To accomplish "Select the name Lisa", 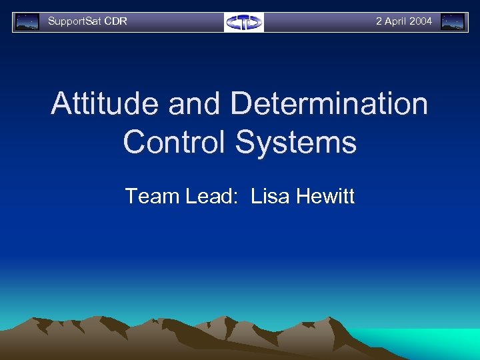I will coord(270,196).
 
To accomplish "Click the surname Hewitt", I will coord(325,196).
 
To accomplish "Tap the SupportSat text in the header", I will coord(74,21).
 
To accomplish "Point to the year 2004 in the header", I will coord(421,21).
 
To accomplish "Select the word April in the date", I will coord(395,21).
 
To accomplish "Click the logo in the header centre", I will coord(243,22).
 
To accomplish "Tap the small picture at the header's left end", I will coord(27,22).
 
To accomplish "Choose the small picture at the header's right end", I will coord(453,22).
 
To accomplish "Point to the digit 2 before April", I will coord(379,21).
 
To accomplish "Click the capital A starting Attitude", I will coord(62,105).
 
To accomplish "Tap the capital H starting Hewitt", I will coord(303,196).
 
